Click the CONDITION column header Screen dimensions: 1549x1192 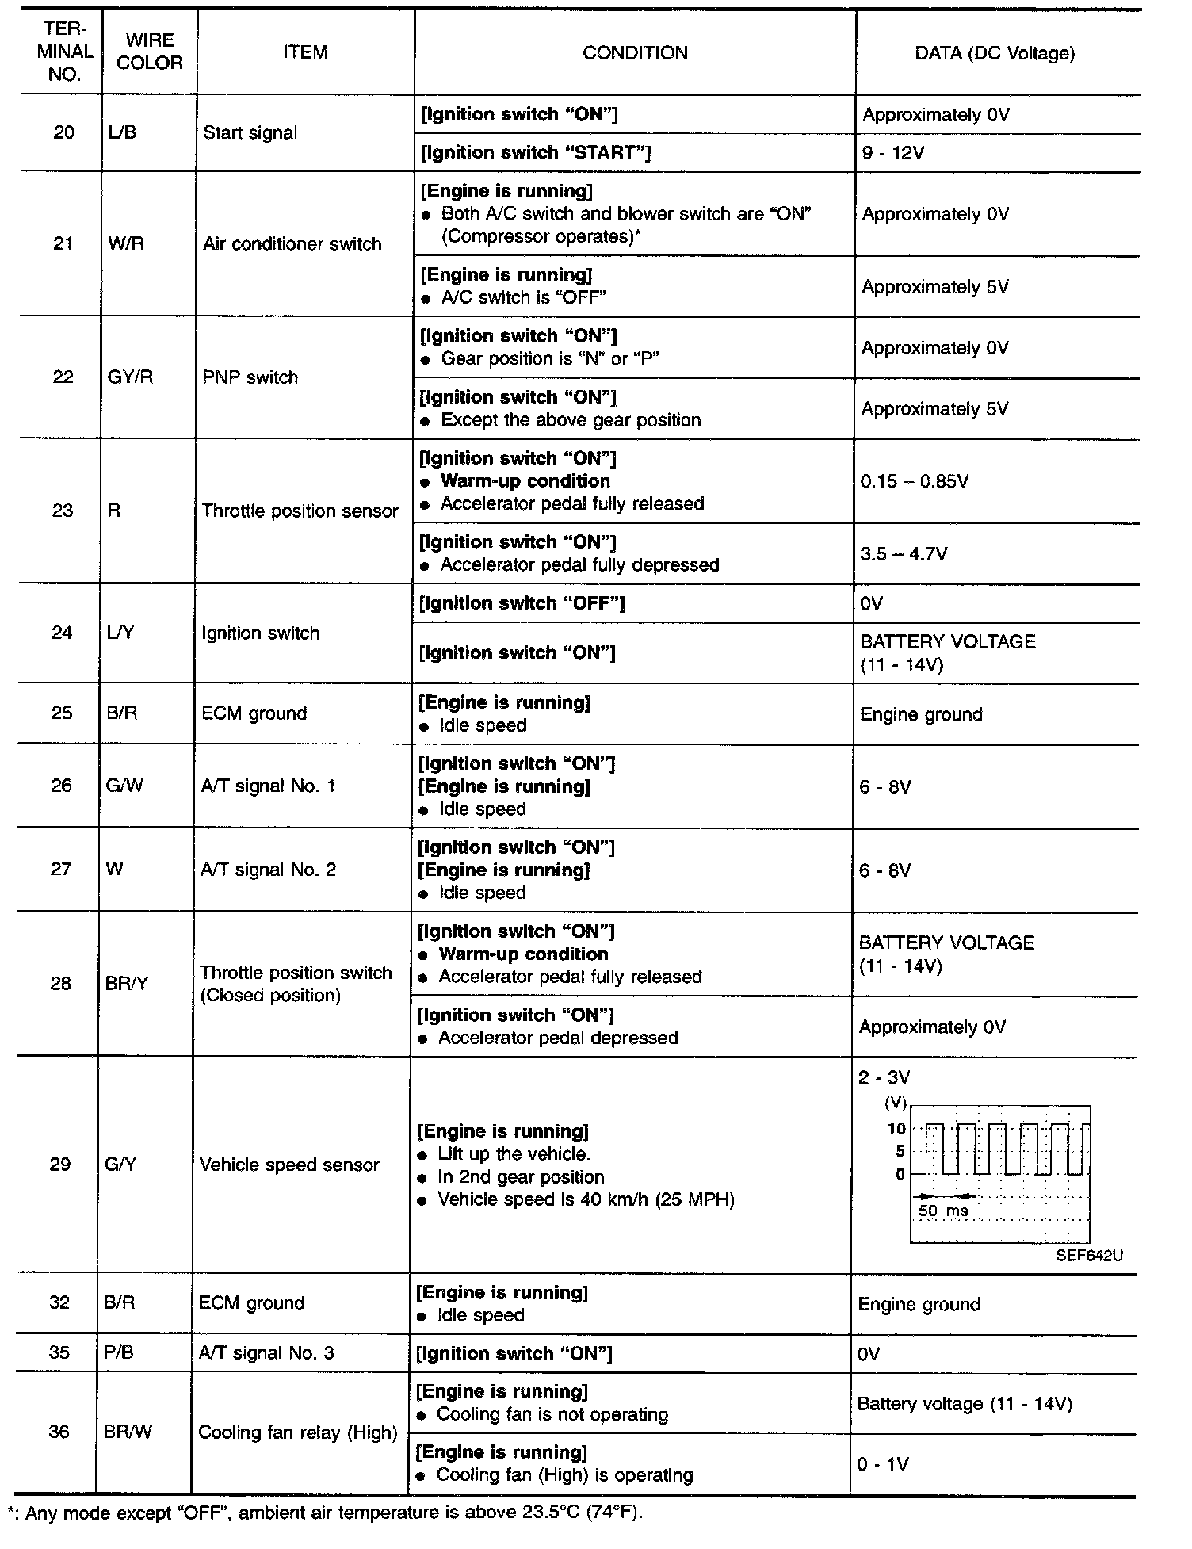click(x=635, y=53)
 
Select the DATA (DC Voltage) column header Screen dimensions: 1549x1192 click(x=995, y=53)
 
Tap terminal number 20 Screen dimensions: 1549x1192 click(x=63, y=132)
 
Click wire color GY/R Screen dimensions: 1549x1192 click(x=130, y=377)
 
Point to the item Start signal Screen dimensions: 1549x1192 click(x=250, y=132)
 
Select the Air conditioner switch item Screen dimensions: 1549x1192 click(x=292, y=244)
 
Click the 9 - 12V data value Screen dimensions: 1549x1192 click(x=893, y=152)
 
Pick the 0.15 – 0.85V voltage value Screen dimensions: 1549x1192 click(x=914, y=481)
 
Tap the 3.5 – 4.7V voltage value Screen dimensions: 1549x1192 click(x=904, y=553)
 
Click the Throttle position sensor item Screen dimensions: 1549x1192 click(x=300, y=511)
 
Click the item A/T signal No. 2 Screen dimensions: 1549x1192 click(x=268, y=870)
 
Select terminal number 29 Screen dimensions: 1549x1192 click(x=60, y=1165)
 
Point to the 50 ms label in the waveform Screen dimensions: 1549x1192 click(x=943, y=1211)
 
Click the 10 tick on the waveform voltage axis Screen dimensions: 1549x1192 click(x=896, y=1129)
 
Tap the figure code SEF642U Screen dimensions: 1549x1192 click(x=1089, y=1256)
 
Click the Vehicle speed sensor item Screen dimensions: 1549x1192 click(x=289, y=1165)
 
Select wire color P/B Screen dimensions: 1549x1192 click(x=119, y=1353)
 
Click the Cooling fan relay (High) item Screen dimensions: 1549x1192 click(x=297, y=1432)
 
